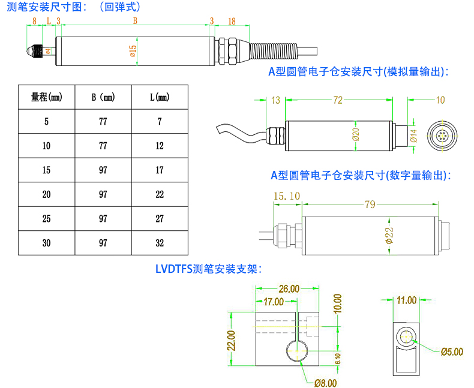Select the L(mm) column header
160,97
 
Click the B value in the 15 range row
103,170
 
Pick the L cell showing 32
160,243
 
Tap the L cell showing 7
160,121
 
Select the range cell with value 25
47,219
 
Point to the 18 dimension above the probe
232,21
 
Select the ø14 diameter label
413,136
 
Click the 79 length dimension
370,204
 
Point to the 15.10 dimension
286,195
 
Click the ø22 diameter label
388,236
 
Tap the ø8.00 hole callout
325,381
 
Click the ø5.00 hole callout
452,351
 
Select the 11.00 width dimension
406,300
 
